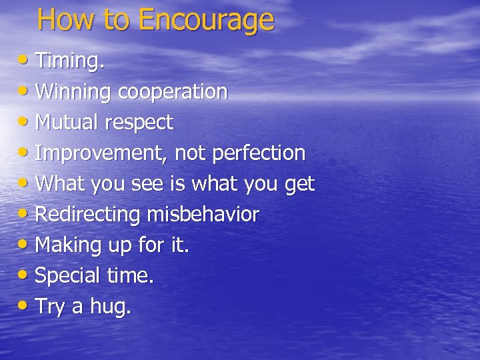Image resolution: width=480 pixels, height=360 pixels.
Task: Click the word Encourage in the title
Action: (206, 20)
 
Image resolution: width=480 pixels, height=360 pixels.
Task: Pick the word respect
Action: (141, 123)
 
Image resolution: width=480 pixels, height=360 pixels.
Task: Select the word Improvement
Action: (101, 153)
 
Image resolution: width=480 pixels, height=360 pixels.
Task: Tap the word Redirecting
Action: (87, 215)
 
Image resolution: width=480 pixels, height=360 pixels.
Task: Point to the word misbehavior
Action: (203, 215)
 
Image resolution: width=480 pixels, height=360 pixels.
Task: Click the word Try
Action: (50, 307)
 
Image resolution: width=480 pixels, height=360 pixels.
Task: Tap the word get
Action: (299, 185)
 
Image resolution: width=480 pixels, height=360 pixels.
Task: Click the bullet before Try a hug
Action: (24, 306)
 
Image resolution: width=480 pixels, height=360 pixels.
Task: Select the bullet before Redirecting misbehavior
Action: (24, 214)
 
